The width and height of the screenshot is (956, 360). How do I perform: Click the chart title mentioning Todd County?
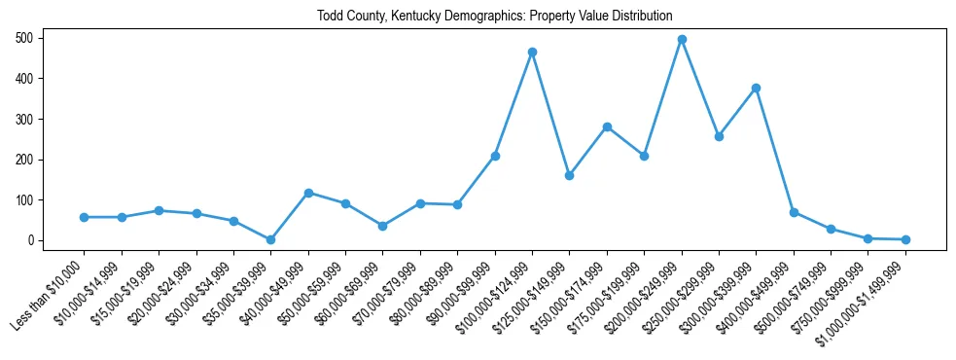pyautogui.click(x=494, y=16)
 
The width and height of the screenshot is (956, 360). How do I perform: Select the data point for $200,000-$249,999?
pyautogui.click(x=682, y=40)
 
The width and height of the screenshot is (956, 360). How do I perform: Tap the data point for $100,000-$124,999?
pyautogui.click(x=532, y=52)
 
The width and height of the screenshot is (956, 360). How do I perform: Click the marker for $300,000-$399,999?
pyautogui.click(x=756, y=88)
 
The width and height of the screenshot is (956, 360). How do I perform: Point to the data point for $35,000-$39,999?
pyautogui.click(x=270, y=239)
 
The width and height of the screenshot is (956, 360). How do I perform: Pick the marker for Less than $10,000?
pyautogui.click(x=84, y=217)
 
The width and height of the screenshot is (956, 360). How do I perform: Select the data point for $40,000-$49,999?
pyautogui.click(x=308, y=193)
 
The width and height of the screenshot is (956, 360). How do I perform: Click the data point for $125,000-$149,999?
pyautogui.click(x=569, y=175)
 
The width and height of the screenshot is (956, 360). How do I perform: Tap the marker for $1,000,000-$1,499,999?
pyautogui.click(x=905, y=239)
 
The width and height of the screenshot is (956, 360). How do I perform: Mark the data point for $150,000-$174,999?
pyautogui.click(x=607, y=126)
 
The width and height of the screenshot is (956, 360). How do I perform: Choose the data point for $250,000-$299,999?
pyautogui.click(x=719, y=136)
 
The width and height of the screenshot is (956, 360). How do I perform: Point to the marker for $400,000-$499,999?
pyautogui.click(x=794, y=212)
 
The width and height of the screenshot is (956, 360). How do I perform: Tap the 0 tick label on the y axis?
pyautogui.click(x=33, y=240)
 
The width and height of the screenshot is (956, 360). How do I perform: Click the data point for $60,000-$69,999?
pyautogui.click(x=382, y=226)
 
